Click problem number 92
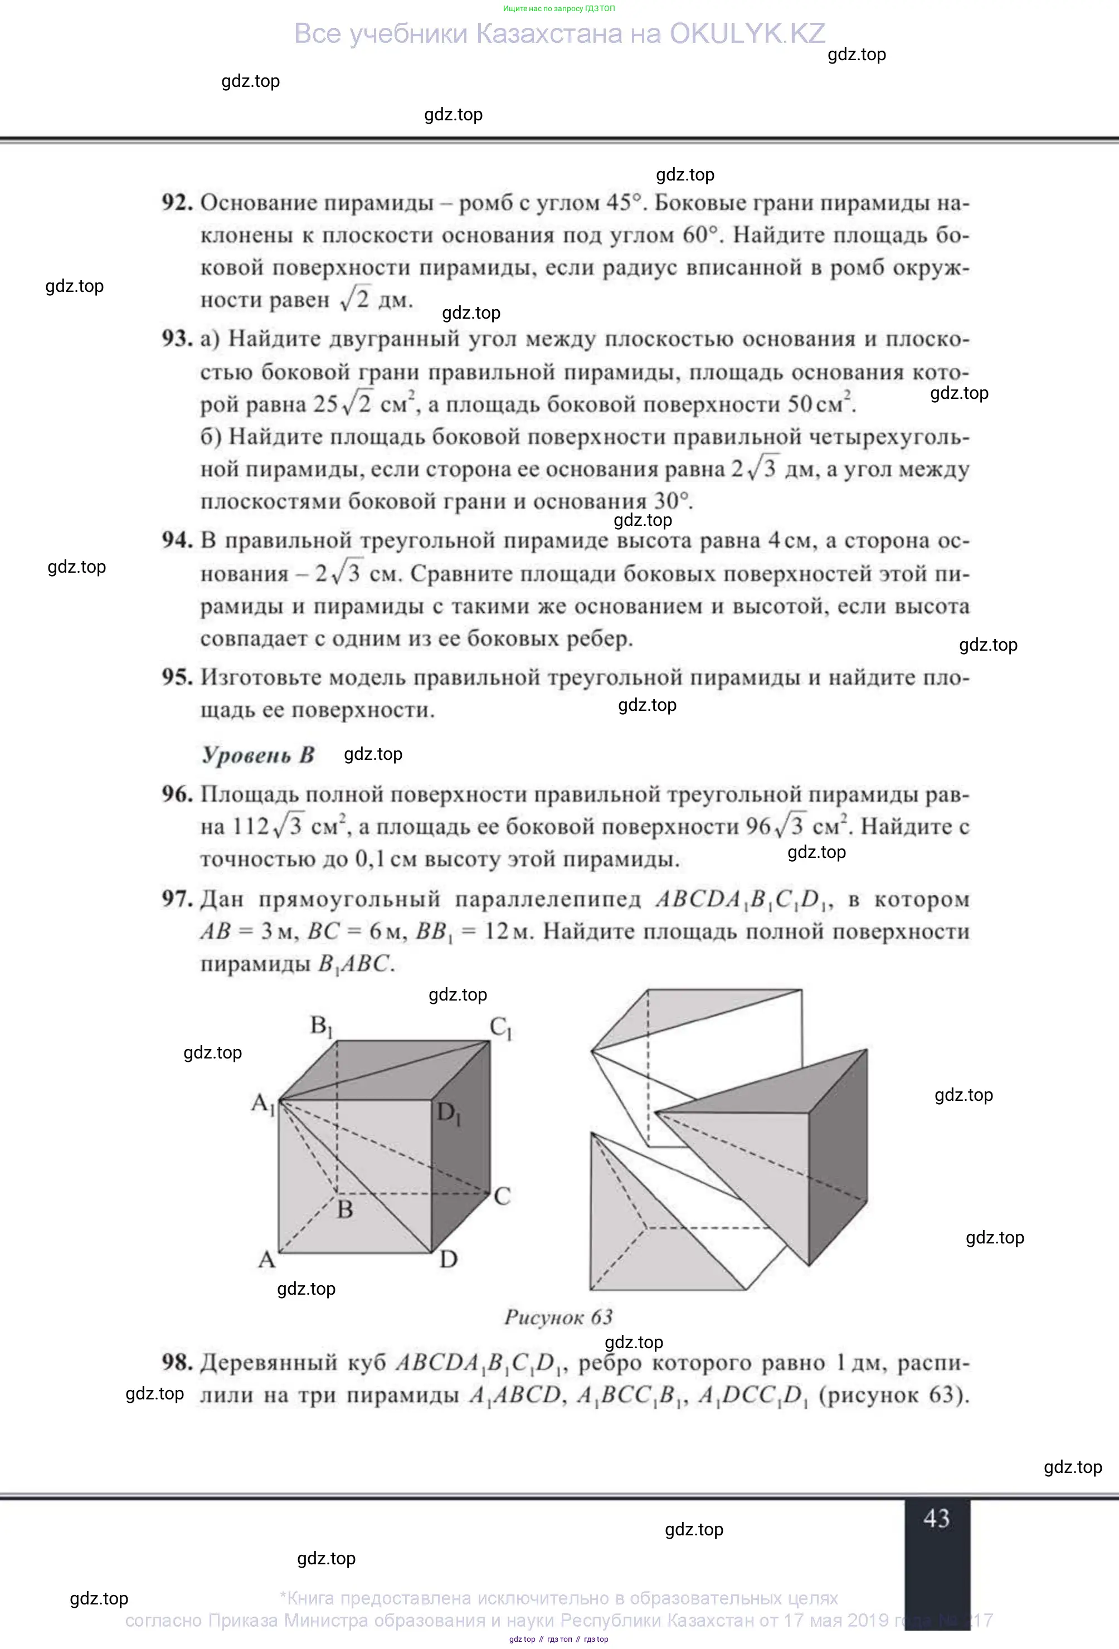(177, 203)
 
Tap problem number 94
(177, 541)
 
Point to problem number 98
(177, 1362)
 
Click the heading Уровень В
(257, 754)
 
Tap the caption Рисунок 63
(558, 1317)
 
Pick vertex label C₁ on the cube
(501, 1027)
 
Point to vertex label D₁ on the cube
(449, 1113)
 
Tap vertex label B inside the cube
(345, 1209)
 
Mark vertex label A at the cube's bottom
(266, 1260)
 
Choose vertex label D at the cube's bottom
(449, 1260)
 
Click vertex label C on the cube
(502, 1196)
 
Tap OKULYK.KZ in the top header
(747, 33)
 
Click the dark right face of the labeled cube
(461, 1164)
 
